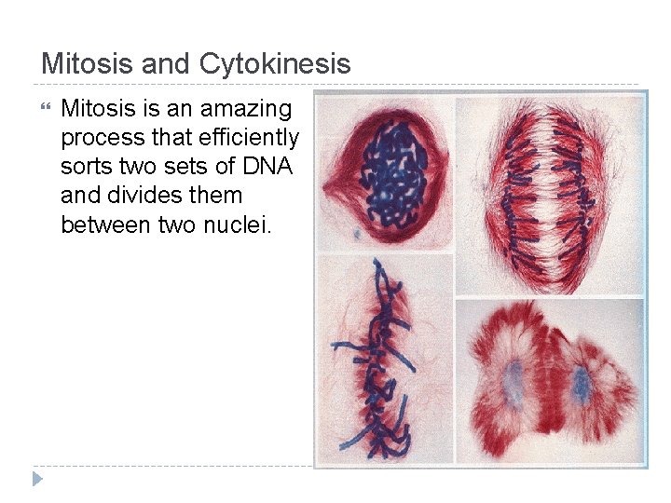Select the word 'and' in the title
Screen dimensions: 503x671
[x=163, y=64]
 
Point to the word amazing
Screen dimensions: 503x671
[x=245, y=109]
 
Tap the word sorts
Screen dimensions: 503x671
[x=84, y=168]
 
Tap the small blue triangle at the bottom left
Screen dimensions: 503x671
[x=37, y=479]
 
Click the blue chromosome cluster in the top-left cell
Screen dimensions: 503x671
[x=390, y=171]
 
